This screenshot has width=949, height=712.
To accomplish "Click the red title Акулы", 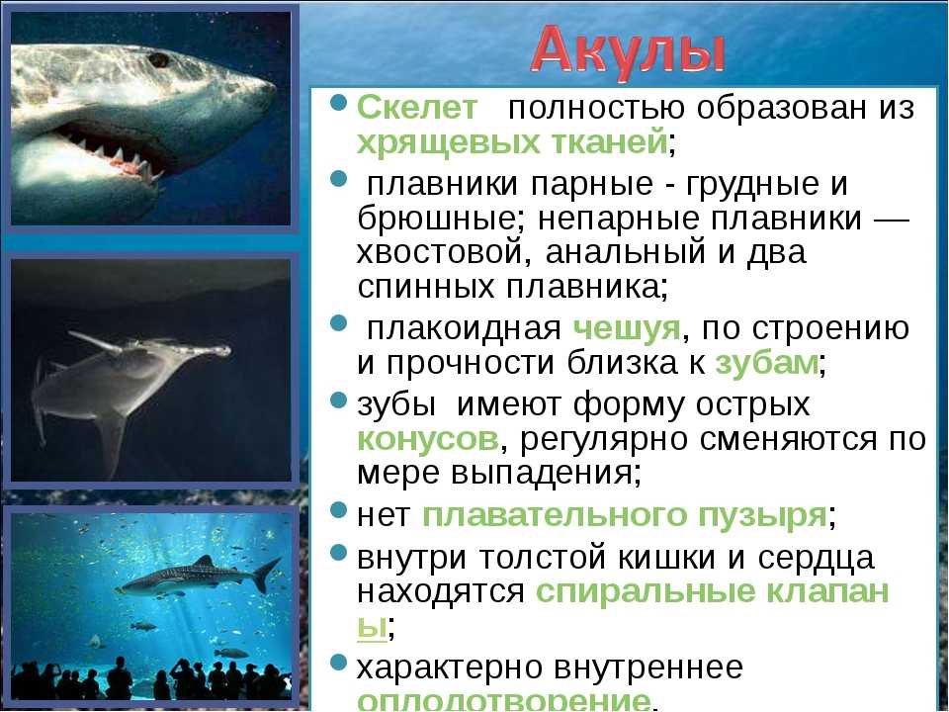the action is [627, 52].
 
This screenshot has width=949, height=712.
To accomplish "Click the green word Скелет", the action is [417, 107].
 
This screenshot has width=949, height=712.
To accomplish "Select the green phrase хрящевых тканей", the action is [512, 143].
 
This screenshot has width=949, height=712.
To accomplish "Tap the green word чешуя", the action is [627, 329].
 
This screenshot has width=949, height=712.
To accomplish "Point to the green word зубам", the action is [767, 363].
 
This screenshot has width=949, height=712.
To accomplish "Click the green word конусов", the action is [428, 438].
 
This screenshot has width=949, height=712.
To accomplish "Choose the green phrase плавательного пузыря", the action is [625, 516].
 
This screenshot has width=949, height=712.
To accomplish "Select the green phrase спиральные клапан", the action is [713, 591].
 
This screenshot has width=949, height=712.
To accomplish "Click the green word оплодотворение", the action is [503, 700].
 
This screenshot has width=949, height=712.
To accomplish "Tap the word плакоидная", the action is [465, 328].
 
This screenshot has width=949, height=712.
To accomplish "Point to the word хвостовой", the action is [438, 251].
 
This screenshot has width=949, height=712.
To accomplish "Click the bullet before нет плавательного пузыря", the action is [339, 510].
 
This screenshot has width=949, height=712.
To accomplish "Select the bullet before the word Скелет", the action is [339, 102].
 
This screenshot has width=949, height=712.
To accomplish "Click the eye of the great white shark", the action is [159, 60].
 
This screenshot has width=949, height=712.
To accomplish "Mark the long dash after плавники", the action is [892, 219].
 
